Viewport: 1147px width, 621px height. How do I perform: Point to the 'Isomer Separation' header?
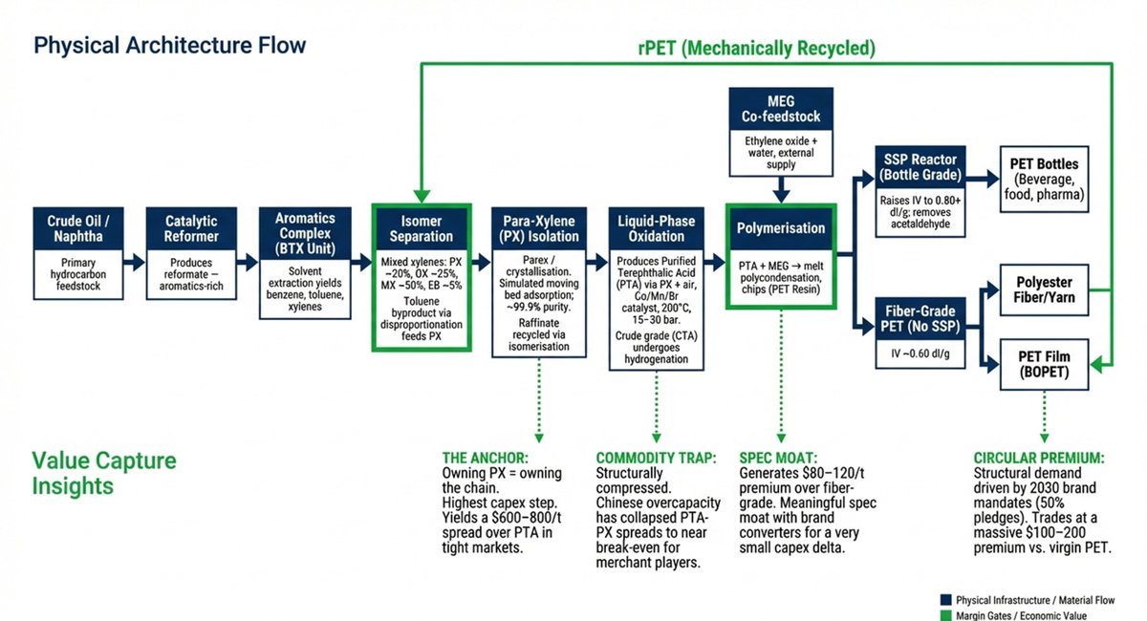422,229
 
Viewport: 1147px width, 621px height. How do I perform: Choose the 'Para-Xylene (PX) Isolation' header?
538,229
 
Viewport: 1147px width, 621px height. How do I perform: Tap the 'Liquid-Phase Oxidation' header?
658,229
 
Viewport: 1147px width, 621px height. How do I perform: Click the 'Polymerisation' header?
781,229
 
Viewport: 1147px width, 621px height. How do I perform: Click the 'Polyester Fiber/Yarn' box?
1045,290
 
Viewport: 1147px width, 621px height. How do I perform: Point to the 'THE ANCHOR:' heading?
489,458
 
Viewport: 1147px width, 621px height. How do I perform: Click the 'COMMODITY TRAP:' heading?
656,458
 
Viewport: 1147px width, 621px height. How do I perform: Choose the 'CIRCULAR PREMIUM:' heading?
1038,458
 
